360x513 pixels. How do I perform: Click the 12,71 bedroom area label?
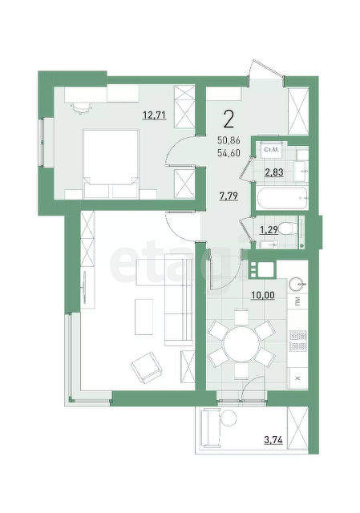155,115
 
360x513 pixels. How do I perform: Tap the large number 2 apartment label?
229,119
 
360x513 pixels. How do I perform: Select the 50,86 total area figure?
229,141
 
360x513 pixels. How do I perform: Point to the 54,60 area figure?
229,152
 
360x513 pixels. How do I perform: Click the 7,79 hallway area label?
229,196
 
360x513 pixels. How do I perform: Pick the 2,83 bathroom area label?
274,172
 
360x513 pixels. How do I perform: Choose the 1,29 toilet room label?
269,230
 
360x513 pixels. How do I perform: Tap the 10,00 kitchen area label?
263,296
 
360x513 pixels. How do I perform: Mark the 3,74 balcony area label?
273,440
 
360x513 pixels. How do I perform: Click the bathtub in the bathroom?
282,198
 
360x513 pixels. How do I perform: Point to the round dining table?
241,344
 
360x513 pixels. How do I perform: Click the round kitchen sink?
297,284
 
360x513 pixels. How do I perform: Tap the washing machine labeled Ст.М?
271,150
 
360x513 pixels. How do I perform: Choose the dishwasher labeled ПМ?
297,301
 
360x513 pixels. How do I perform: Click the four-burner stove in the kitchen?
297,341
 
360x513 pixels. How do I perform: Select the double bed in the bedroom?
111,164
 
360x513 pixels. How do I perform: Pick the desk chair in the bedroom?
81,107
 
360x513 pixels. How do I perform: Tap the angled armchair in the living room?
146,367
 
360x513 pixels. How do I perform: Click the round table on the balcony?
229,418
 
